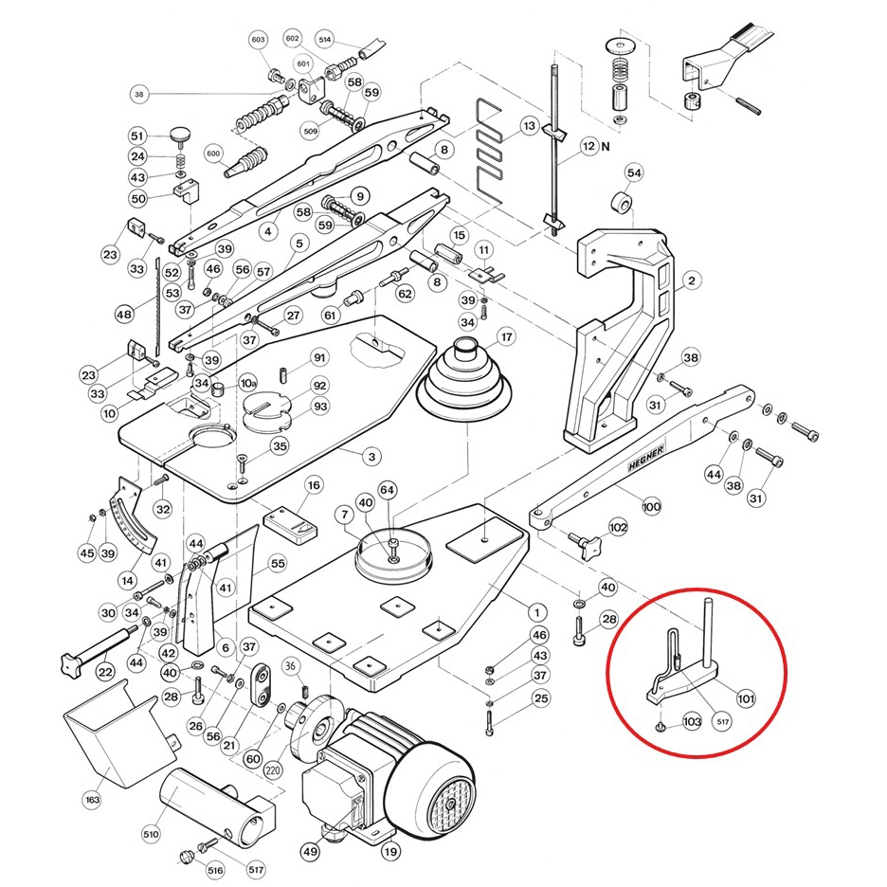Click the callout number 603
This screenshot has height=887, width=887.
click(259, 40)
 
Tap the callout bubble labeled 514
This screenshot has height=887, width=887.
click(325, 40)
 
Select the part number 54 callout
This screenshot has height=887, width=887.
click(634, 172)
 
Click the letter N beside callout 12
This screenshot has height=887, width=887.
click(605, 147)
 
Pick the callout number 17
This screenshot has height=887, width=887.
click(507, 336)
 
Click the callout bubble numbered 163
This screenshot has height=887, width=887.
click(92, 801)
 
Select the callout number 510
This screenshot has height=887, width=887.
click(150, 834)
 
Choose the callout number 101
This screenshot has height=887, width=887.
click(746, 699)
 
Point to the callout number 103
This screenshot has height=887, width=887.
click(691, 722)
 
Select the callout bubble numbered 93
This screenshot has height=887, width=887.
click(320, 407)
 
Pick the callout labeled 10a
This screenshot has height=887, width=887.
click(247, 384)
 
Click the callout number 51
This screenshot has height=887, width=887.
click(137, 136)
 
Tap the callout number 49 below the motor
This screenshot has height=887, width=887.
click(311, 852)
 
